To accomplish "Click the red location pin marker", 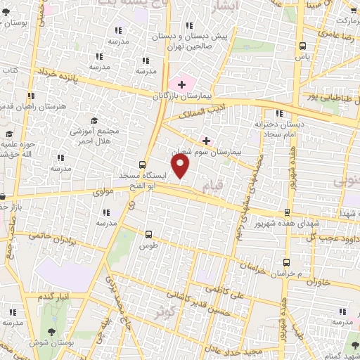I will tap(181, 167).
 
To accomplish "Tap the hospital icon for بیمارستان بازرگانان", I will tap(181, 84).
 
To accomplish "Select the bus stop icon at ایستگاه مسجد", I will tap(143, 163).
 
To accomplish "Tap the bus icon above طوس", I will tap(148, 234).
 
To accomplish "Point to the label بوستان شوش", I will tap(49, 344).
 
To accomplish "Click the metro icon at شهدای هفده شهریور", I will tap(286, 212).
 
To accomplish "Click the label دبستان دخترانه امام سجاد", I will tap(282, 128).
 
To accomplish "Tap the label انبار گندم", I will tap(53, 297).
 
